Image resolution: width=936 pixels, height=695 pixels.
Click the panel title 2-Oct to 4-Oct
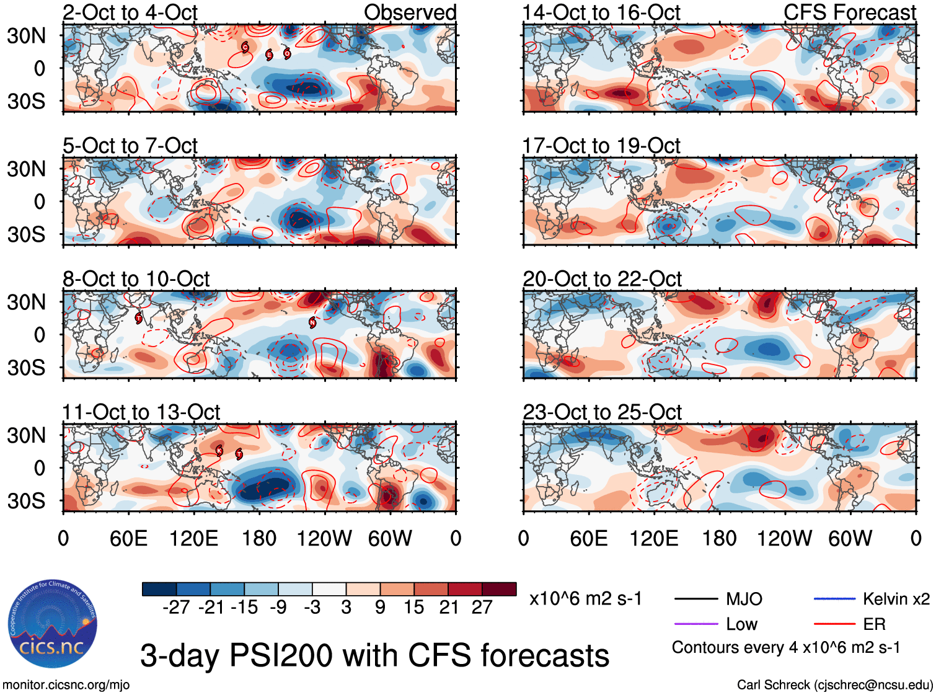130,12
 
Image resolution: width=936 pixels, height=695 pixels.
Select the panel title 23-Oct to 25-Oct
602,412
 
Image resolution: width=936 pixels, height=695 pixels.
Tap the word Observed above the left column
410,12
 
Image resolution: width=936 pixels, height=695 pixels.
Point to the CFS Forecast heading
849,12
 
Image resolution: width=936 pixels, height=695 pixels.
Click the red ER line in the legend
834,624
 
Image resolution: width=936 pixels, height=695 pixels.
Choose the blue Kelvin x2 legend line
834,599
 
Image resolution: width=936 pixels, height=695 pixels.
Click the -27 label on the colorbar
176,607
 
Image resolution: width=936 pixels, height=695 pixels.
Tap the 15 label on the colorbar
414,607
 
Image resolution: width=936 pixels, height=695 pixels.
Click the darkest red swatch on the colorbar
499,589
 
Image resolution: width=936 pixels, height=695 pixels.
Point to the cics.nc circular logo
52,625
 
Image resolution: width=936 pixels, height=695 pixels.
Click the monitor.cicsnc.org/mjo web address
66,685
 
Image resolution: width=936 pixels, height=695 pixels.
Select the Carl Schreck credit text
834,685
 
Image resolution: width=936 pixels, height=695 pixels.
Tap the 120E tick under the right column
654,538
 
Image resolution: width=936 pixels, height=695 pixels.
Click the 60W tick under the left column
390,538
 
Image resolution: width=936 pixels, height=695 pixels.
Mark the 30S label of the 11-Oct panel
27,501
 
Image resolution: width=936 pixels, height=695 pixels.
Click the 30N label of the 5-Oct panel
27,169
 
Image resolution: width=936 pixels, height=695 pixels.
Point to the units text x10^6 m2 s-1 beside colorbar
585,599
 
